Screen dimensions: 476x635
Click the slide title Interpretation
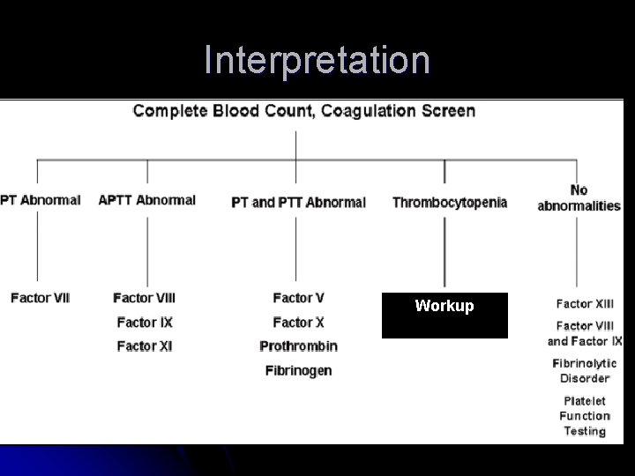317,60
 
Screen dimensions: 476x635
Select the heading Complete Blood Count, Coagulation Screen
304,111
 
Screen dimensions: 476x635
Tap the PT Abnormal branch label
41,200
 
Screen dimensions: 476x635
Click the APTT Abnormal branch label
146,200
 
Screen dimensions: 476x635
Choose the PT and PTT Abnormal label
298,202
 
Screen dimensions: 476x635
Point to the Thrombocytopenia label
450,202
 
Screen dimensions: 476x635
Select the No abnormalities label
579,197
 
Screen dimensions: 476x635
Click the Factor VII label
41,298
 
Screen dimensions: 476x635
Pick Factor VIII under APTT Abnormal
145,298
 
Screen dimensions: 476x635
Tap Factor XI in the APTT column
145,346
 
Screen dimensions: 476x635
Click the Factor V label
298,298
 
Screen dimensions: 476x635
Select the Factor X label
298,322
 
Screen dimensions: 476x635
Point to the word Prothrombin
298,346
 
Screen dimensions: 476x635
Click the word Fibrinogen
298,370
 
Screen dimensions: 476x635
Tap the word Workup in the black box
444,306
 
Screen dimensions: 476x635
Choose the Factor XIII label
585,303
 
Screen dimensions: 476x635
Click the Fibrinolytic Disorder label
585,370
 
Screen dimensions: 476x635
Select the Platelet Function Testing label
585,415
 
